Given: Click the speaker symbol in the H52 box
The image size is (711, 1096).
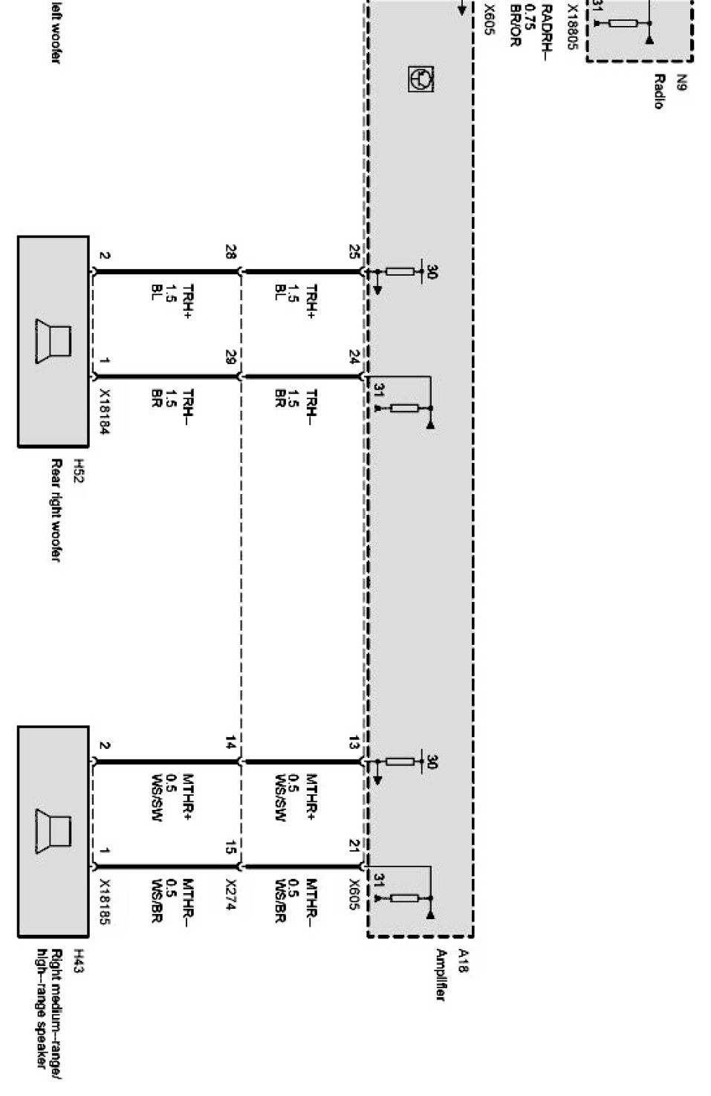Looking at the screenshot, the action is click(x=53, y=343).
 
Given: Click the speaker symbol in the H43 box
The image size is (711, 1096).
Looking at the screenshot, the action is click(x=53, y=833).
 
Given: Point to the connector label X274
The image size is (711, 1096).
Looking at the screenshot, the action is click(x=230, y=895).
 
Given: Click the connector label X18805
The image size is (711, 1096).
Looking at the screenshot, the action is click(x=571, y=27).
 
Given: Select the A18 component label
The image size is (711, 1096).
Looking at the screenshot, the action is click(x=464, y=960).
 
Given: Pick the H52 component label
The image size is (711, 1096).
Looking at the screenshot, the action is click(x=77, y=470).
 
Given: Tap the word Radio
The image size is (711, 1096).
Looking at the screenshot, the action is click(x=658, y=91).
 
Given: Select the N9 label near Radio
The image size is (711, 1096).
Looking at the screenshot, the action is click(x=681, y=82).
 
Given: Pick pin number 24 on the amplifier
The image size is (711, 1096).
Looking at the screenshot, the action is click(x=354, y=357).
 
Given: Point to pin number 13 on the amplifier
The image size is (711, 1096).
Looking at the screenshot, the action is click(x=354, y=742).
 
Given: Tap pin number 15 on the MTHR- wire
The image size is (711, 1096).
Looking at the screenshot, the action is click(x=230, y=847).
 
